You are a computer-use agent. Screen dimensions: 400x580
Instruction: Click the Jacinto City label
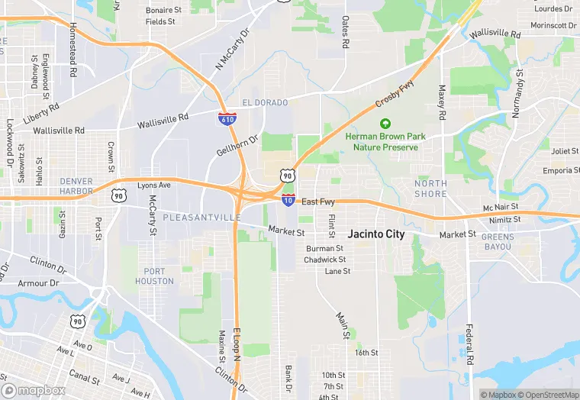pyautogui.click(x=376, y=234)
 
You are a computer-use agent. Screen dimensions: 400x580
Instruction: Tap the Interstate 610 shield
pyautogui.click(x=227, y=118)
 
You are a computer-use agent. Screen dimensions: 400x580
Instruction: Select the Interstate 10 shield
pyautogui.click(x=288, y=200)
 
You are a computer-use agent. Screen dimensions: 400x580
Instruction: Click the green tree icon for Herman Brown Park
pyautogui.click(x=385, y=123)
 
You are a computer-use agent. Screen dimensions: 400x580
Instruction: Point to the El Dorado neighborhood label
pyautogui.click(x=265, y=103)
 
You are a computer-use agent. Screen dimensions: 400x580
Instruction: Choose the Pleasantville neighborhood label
pyautogui.click(x=201, y=218)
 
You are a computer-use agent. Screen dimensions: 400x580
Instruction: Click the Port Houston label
pyautogui.click(x=159, y=276)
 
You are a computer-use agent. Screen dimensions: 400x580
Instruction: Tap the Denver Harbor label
pyautogui.click(x=76, y=185)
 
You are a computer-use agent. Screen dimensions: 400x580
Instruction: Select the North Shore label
pyautogui.click(x=430, y=189)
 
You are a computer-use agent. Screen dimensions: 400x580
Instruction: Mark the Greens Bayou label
pyautogui.click(x=498, y=242)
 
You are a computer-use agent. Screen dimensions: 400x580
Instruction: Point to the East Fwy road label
pyautogui.click(x=318, y=202)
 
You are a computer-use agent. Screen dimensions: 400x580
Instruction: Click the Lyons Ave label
pyautogui.click(x=154, y=185)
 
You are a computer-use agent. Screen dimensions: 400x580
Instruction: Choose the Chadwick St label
pyautogui.click(x=325, y=260)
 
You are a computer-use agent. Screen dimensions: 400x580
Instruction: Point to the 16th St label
pyautogui.click(x=366, y=353)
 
